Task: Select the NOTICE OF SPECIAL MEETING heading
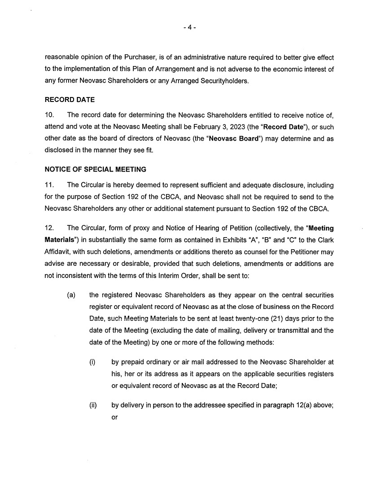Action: click(x=95, y=169)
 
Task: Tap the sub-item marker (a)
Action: click(x=70, y=295)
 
